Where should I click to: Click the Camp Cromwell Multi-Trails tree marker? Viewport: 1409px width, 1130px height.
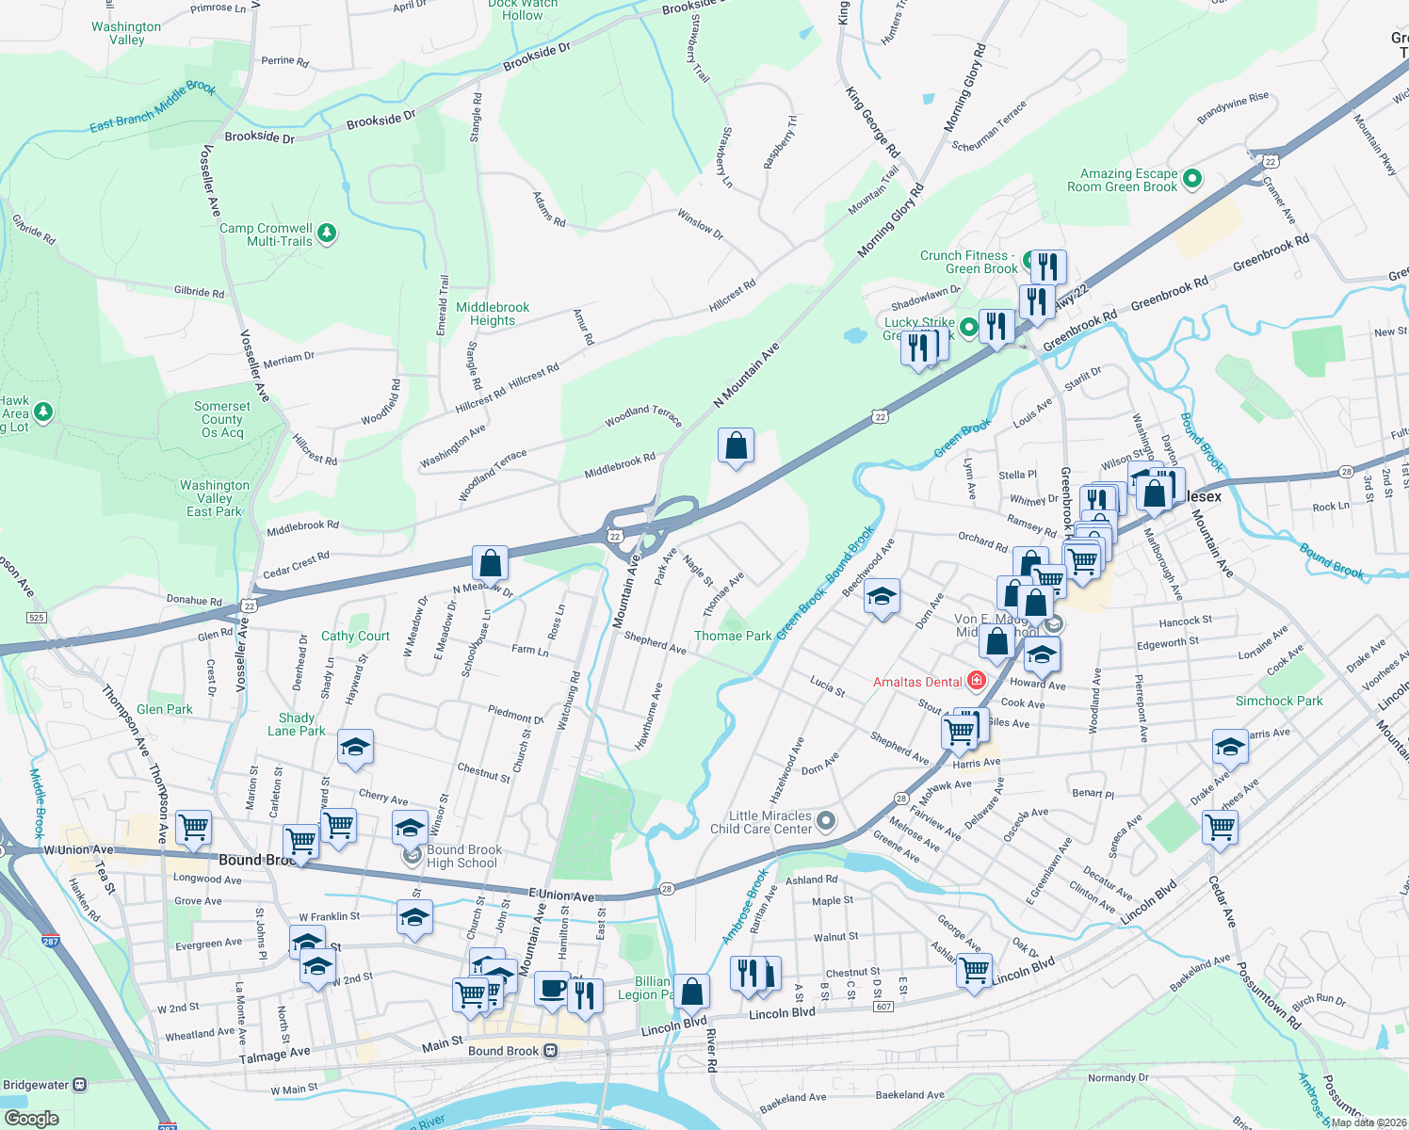pos(327,233)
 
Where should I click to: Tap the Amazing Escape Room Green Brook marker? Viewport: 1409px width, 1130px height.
pos(1192,178)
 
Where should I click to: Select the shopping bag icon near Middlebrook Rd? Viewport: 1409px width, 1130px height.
pos(736,445)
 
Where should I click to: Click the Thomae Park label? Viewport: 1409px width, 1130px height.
pos(733,637)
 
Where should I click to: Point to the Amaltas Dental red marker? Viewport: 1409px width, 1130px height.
pos(977,681)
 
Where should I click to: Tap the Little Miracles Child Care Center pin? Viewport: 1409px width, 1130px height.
pos(826,821)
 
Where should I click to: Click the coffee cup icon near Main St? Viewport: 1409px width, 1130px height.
pos(552,990)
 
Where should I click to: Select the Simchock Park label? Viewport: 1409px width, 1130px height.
pos(1278,702)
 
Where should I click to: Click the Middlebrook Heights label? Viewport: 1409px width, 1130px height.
pos(493,315)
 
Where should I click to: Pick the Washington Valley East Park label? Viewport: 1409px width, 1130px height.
pos(215,499)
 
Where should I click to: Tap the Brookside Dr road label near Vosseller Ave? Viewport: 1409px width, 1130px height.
pos(259,137)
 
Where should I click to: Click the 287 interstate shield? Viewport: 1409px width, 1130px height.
pos(51,940)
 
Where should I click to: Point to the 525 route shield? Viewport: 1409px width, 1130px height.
pos(36,618)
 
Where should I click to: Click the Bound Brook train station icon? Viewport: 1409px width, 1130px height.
pos(551,1051)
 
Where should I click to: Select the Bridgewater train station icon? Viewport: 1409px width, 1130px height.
pos(80,1085)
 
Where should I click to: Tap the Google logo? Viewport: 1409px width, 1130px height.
pos(31,1119)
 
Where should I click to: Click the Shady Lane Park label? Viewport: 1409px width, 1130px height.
pos(297,724)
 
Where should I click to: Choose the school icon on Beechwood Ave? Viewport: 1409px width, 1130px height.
pos(882,597)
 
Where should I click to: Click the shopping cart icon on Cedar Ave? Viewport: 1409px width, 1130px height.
pos(1221,828)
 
